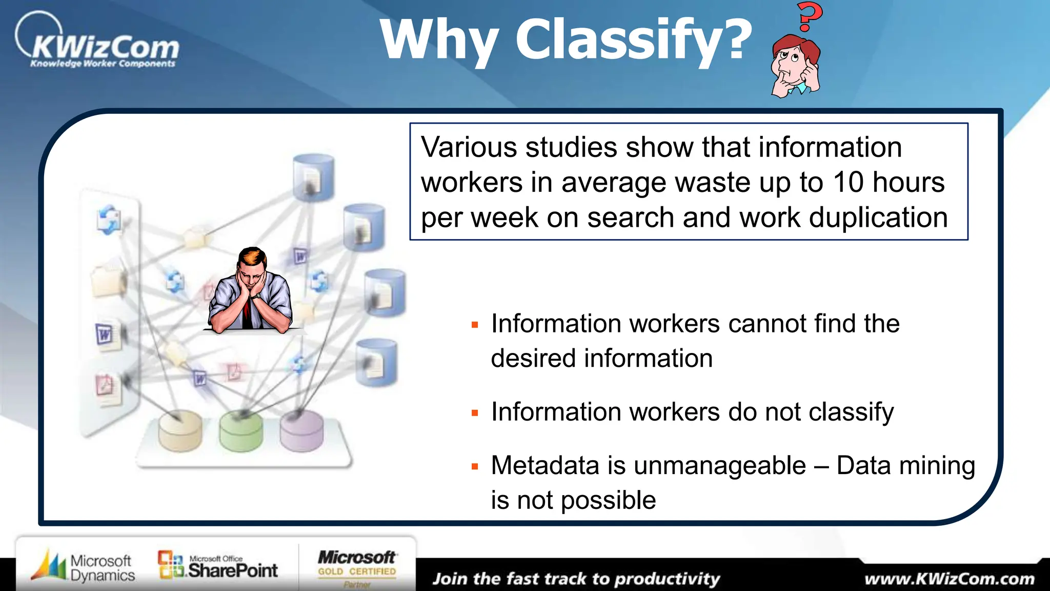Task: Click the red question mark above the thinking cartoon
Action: tap(809, 16)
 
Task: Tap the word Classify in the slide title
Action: tap(634, 40)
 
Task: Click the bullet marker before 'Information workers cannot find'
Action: tap(475, 325)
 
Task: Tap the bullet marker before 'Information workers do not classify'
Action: tap(475, 413)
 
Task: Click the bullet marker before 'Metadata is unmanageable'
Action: tap(475, 467)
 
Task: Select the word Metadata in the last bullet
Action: tap(546, 466)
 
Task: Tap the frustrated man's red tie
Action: tap(247, 312)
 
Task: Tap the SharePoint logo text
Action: tap(233, 570)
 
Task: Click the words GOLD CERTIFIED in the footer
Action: tap(357, 572)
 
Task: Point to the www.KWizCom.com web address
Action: tap(950, 579)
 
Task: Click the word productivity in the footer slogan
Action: tap(667, 579)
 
